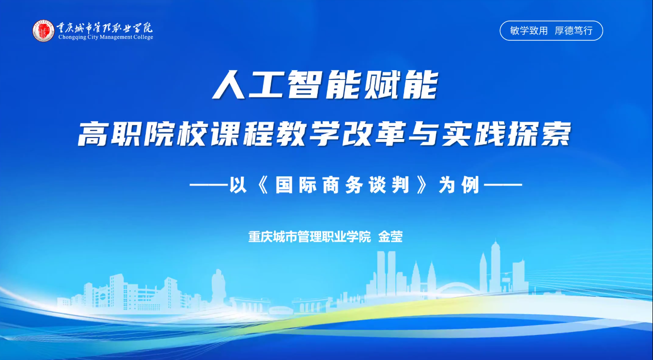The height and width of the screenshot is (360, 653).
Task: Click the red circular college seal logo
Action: [44, 31]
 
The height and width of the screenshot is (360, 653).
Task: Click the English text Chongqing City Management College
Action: [106, 37]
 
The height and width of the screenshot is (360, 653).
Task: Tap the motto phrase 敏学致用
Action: [529, 31]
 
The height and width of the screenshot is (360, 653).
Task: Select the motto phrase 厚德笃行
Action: [574, 31]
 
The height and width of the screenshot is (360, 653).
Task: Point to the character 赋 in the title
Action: [383, 85]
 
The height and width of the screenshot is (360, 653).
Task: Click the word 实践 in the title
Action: [473, 134]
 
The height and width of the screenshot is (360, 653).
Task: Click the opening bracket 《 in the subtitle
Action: [263, 185]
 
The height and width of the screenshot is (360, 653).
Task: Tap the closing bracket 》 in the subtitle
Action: [422, 185]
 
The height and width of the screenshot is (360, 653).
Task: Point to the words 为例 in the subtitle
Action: [459, 185]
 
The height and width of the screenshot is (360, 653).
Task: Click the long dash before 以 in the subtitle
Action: [208, 185]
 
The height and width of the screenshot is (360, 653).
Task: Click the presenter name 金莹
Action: [390, 237]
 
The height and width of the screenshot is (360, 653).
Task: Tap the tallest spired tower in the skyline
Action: [495, 265]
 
